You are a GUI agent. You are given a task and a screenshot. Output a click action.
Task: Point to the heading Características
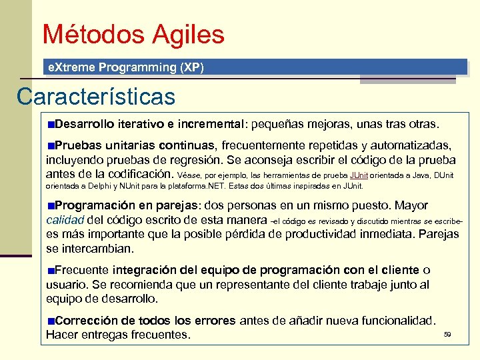96,97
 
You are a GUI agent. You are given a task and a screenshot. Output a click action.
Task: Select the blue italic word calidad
65,219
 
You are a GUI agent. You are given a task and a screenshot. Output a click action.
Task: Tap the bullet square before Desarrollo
51,125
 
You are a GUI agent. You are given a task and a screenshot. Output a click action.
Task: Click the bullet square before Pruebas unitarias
51,145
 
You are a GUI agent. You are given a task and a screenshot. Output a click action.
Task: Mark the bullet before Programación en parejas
51,205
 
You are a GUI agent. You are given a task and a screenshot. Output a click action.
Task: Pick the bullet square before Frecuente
51,270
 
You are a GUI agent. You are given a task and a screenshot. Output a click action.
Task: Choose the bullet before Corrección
51,321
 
